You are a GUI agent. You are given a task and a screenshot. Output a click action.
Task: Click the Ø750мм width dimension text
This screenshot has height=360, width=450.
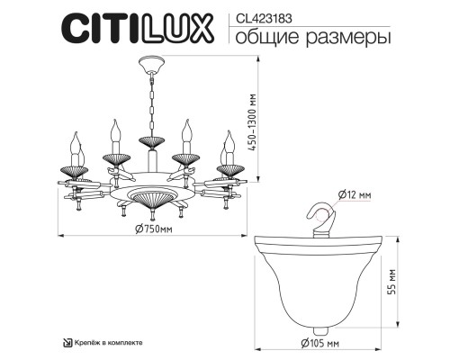149,229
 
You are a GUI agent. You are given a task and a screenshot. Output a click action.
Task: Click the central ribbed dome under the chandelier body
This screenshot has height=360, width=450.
149,198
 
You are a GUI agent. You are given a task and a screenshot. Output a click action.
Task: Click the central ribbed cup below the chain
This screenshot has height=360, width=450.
149,141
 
